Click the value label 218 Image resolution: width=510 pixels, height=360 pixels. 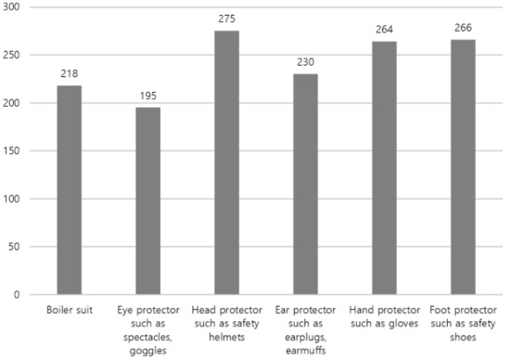click(x=69, y=73)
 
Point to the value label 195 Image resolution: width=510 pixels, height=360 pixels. click(x=148, y=96)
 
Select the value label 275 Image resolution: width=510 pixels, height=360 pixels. click(x=227, y=19)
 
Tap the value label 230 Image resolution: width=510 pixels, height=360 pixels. click(x=306, y=61)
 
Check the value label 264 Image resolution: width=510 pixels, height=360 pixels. click(x=385, y=29)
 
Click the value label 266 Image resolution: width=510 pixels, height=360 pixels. click(x=464, y=27)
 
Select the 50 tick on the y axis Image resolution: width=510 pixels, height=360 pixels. click(x=17, y=246)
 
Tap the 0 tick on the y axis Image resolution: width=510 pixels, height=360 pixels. click(x=20, y=294)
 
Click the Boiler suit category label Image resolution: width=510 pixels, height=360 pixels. click(x=69, y=308)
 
